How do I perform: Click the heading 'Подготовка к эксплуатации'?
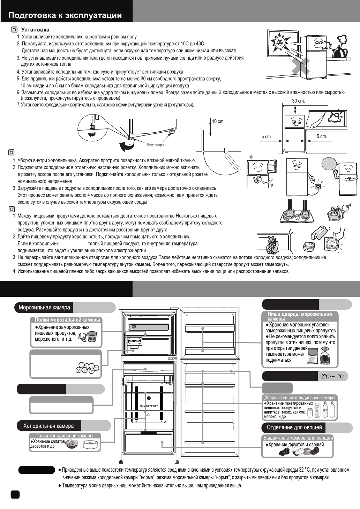click(65, 15)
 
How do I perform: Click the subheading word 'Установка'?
click(35, 30)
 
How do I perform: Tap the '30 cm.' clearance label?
click(298, 101)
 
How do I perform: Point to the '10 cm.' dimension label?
click(218, 121)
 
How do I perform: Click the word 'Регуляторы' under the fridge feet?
click(155, 145)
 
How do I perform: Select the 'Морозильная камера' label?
click(44, 308)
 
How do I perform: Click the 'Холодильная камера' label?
click(48, 426)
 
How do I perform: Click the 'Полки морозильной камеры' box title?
click(67, 320)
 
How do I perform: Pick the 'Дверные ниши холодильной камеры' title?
click(300, 398)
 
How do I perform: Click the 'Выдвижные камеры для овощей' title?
click(298, 438)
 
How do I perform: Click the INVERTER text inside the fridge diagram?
click(149, 406)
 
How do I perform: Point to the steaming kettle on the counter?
click(339, 49)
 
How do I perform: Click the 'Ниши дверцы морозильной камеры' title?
click(300, 316)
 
